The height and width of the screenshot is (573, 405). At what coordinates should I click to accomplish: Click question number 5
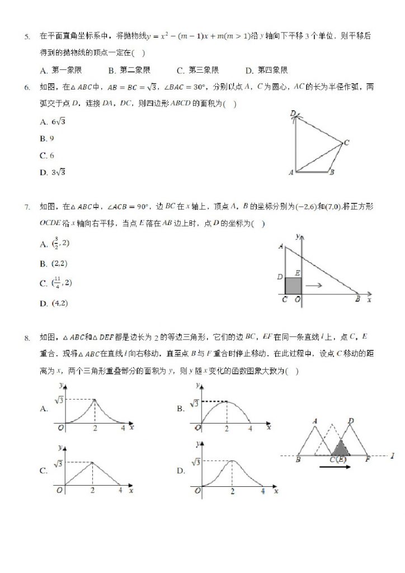click(x=26, y=37)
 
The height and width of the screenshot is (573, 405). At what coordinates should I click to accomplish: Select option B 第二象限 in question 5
click(x=129, y=71)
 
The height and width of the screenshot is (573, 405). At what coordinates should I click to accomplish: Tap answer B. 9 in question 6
click(x=46, y=138)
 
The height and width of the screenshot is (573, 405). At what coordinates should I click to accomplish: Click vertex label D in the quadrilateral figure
click(x=293, y=114)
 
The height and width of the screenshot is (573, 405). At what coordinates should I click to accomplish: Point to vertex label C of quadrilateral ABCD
click(x=346, y=143)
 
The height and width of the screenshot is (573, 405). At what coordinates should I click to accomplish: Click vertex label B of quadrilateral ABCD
click(x=332, y=173)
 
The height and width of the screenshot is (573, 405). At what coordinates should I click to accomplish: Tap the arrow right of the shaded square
click(x=315, y=285)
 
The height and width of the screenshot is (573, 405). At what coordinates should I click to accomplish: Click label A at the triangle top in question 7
click(x=280, y=246)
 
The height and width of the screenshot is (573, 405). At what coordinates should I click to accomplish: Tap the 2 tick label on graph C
click(x=93, y=491)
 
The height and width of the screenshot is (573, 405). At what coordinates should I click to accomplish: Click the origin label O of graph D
click(x=197, y=491)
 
